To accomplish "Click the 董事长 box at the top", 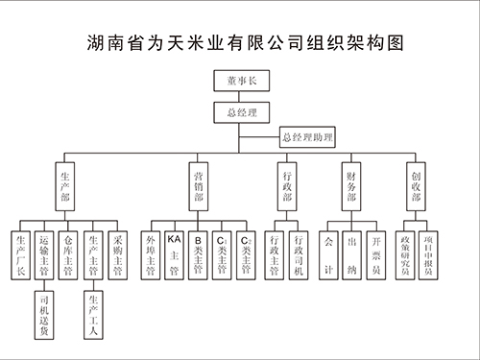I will (240, 84).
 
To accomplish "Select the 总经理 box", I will (240, 111).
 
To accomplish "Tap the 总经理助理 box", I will (307, 138).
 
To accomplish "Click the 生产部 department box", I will (65, 188).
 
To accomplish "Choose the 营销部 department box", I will (198, 188).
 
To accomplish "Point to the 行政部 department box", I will (286, 188).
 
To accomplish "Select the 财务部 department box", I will (351, 188).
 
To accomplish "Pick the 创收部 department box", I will (416, 188).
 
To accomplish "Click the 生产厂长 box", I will (21, 253).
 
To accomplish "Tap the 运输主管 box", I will (44, 253).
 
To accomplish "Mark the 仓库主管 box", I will (67, 253).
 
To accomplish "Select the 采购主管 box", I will (115, 253).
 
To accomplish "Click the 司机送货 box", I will (44, 318).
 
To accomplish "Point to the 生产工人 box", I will (91, 318).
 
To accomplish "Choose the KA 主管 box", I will (174, 253).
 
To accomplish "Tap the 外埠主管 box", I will (150, 253).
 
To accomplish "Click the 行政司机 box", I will (299, 253).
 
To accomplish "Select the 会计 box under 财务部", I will (329, 253).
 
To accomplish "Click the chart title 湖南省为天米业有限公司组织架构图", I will (240, 43).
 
